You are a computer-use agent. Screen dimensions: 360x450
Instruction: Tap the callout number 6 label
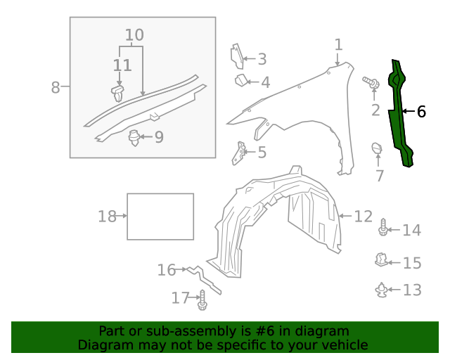(x=421, y=111)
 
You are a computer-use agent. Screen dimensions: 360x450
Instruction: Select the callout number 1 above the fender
(x=338, y=45)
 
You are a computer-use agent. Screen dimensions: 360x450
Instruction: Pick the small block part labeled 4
(x=241, y=79)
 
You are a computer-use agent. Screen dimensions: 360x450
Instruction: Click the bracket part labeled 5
(x=240, y=153)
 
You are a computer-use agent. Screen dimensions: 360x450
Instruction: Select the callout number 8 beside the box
(x=56, y=88)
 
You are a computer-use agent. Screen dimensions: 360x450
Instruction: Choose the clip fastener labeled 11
(x=118, y=91)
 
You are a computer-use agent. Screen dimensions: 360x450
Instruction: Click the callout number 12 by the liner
(x=363, y=216)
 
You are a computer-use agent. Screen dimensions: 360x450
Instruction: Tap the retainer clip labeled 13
(x=380, y=289)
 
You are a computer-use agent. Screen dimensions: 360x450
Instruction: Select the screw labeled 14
(x=382, y=229)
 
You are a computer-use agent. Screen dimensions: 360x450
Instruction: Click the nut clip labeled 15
(x=380, y=261)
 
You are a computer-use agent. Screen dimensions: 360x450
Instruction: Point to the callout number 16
(x=167, y=269)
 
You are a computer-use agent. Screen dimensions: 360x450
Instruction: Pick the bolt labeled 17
(x=202, y=300)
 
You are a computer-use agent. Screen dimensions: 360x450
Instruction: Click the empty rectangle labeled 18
(x=160, y=217)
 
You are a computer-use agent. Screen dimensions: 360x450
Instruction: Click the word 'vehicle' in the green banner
(x=344, y=345)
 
